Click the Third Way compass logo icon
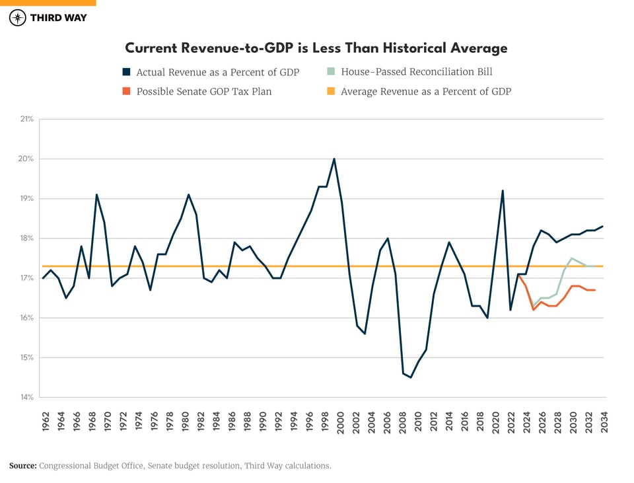pos(18,18)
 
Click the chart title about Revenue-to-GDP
pos(316,48)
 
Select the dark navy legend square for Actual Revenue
pos(126,72)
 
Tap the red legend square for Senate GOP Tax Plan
pos(126,92)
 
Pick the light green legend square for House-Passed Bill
pos(331,72)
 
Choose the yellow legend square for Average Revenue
pos(331,92)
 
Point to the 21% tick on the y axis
pos(26,120)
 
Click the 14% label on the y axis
pos(26,398)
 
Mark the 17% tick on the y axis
pos(26,278)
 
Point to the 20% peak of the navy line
pos(334,159)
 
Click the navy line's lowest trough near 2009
pos(411,377)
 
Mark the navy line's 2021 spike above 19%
pos(503,191)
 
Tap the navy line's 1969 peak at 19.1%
pos(96,195)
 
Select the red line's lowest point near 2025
pos(533,310)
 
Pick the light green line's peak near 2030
pos(572,258)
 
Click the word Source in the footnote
pos(23,466)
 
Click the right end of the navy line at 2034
pos(602,227)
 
